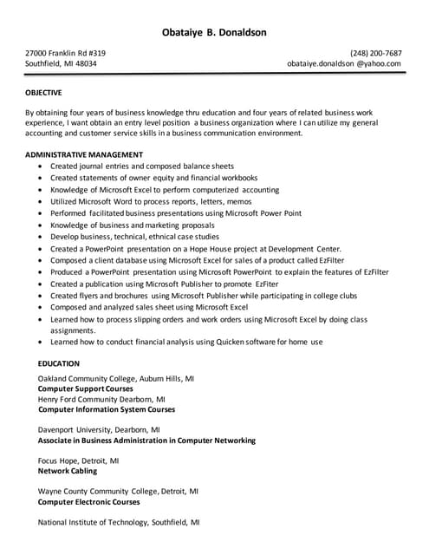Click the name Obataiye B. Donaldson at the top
[x=214, y=33]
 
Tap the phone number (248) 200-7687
[x=375, y=52]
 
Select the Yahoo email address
[x=344, y=63]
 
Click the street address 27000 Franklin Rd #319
[x=65, y=52]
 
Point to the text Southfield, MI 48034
[x=61, y=63]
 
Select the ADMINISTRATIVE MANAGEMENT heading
[x=84, y=154]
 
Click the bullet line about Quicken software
[x=186, y=342]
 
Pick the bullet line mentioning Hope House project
[x=196, y=248]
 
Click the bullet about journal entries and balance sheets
[x=142, y=166]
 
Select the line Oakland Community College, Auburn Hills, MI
[x=116, y=378]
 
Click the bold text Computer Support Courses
[x=86, y=388]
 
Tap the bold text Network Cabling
[x=68, y=471]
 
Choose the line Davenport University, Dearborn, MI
[x=99, y=429]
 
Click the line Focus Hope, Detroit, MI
[x=79, y=460]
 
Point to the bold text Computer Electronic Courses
[x=88, y=501]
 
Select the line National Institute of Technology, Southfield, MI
[x=119, y=523]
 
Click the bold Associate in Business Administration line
[x=146, y=440]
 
